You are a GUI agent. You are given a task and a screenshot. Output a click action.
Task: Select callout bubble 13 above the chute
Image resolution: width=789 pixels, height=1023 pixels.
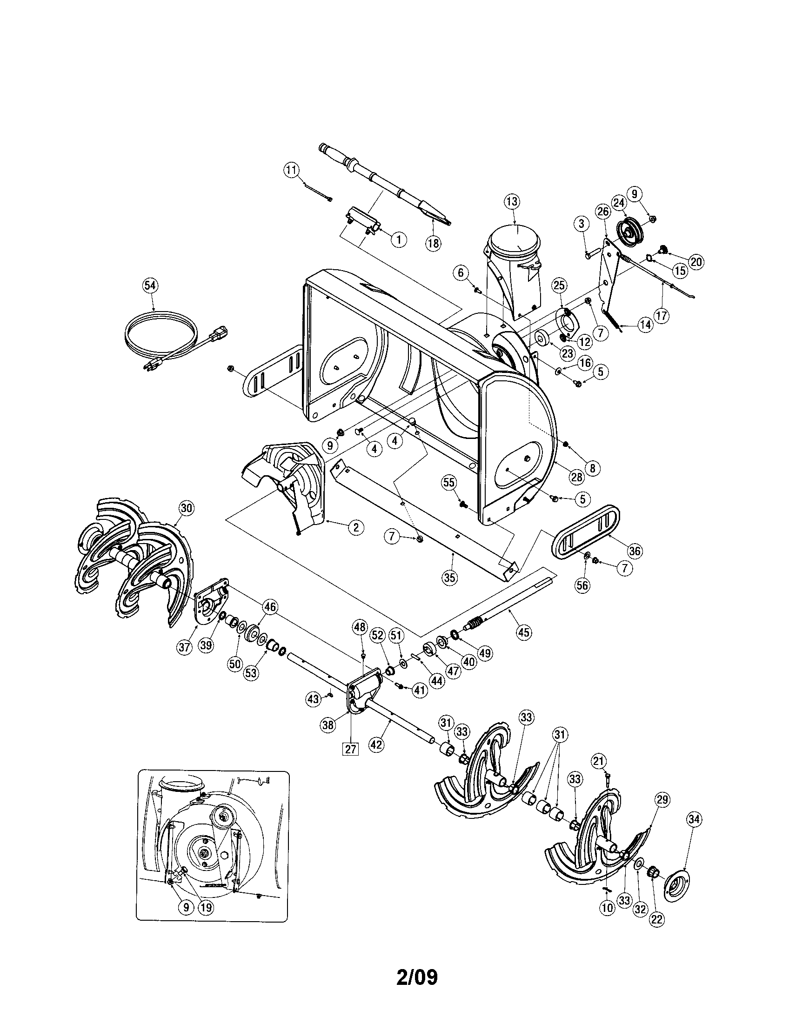512,202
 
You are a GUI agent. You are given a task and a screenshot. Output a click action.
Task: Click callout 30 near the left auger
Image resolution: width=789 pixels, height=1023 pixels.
187,508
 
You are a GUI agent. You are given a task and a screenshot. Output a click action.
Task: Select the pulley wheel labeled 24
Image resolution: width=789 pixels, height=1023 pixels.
629,230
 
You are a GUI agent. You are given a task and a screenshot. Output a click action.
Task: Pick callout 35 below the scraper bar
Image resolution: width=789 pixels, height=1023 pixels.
449,578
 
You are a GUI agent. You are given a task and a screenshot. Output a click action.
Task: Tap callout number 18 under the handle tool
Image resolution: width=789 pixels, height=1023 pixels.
434,243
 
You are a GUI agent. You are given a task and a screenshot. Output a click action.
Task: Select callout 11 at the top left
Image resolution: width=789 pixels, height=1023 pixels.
292,171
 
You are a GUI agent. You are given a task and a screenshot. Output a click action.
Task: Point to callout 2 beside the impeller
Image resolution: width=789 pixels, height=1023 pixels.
355,527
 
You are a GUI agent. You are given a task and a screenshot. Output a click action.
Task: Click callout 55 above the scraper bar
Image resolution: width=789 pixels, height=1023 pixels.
449,482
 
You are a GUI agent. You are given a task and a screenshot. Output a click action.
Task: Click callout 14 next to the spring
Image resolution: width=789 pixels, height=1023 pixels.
646,325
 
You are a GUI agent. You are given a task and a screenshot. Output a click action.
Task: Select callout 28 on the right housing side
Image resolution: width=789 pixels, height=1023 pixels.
575,477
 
